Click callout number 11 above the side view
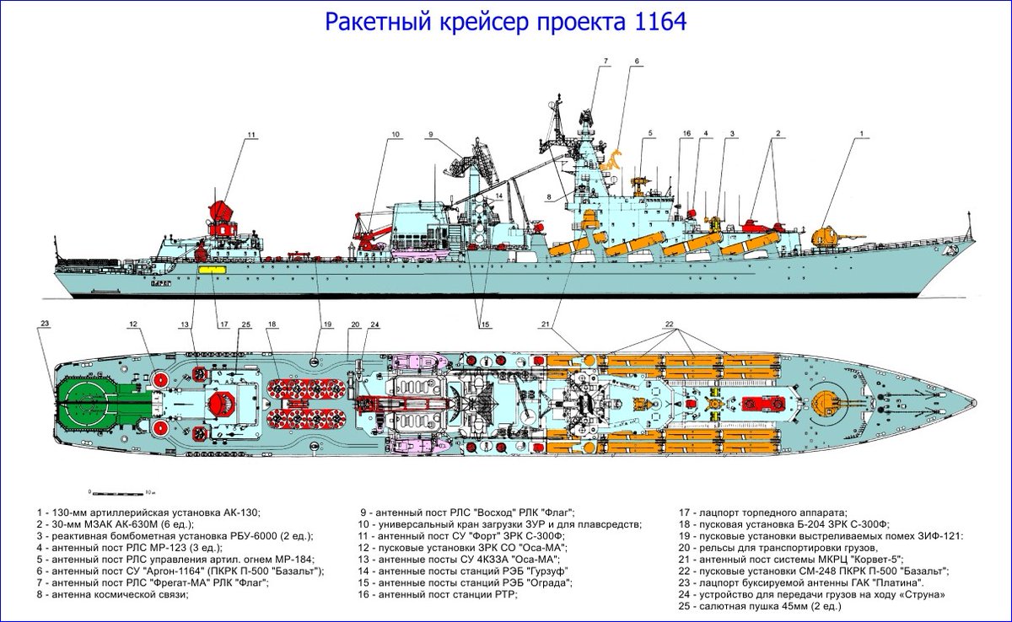[x=250, y=135]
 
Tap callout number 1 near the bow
[x=863, y=134]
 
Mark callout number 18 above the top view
[x=272, y=324]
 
